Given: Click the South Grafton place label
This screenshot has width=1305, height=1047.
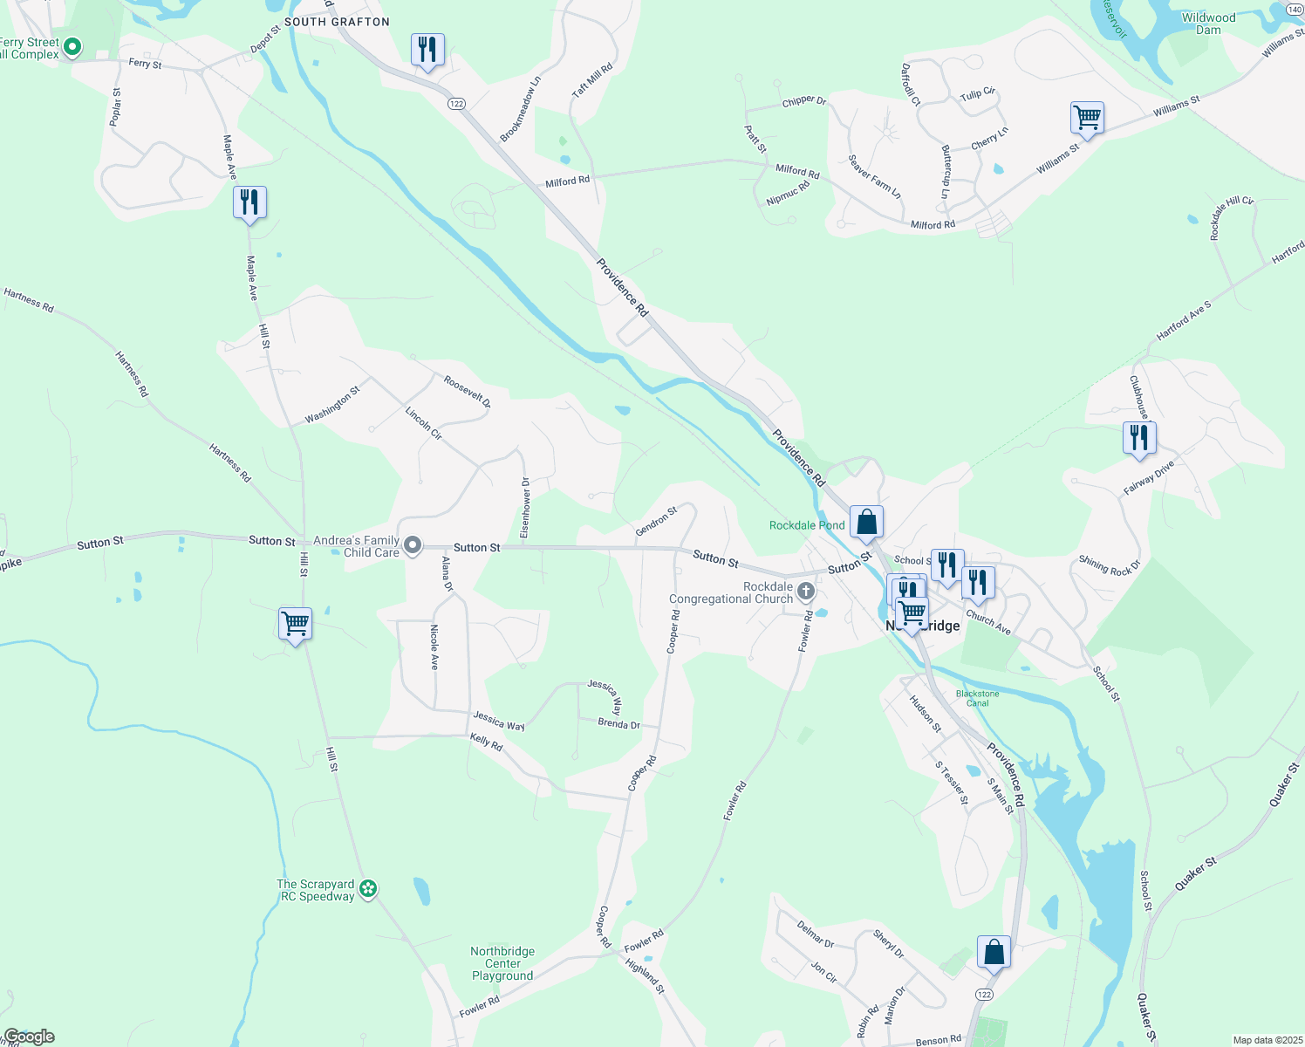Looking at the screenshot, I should [x=337, y=22].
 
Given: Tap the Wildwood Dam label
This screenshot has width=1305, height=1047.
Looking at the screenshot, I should [x=1208, y=24].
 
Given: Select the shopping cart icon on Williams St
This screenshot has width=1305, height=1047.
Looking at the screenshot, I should [x=1087, y=117].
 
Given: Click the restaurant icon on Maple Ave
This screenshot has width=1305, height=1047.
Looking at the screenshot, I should [x=249, y=202].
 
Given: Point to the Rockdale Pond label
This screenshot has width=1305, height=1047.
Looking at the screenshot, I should [x=807, y=525].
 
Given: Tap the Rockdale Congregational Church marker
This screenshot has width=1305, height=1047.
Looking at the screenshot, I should [x=806, y=592].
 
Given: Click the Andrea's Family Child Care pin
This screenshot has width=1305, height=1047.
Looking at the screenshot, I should [x=413, y=546].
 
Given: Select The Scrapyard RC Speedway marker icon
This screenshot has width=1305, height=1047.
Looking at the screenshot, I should [x=368, y=889].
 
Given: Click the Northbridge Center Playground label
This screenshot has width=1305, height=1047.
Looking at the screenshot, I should [x=502, y=963].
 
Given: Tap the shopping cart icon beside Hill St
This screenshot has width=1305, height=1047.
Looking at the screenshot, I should [x=295, y=624].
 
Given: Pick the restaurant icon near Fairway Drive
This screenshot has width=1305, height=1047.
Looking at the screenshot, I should [x=1138, y=437].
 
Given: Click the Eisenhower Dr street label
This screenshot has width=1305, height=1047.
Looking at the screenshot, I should [x=525, y=507].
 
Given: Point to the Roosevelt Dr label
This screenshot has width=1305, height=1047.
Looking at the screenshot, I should [x=467, y=392].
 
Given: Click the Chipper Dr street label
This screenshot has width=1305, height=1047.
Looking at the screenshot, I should [x=803, y=101].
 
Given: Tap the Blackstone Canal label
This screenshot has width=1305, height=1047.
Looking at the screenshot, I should [x=977, y=698].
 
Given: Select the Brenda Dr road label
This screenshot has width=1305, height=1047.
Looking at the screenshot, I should [x=618, y=724].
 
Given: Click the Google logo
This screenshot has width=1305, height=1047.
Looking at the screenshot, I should [x=28, y=1037].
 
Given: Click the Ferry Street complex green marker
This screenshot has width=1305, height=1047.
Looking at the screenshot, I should [x=73, y=47].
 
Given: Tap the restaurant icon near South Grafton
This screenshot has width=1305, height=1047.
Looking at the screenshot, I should [x=427, y=50].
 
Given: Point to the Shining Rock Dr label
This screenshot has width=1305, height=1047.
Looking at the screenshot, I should [x=1109, y=565].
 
